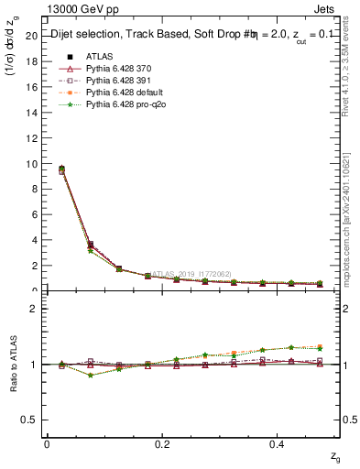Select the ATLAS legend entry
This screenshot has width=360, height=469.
tap(102, 56)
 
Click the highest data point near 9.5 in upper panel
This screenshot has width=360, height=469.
tap(61, 169)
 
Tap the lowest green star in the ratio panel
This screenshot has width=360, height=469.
tap(90, 375)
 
